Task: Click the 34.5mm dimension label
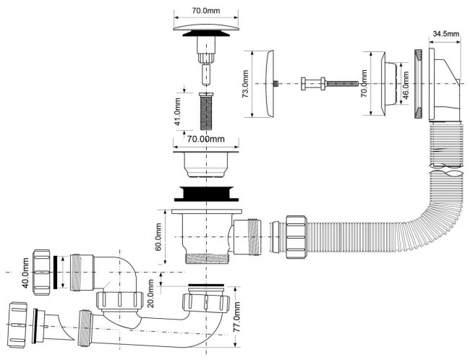(446, 34)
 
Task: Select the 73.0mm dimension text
(246, 84)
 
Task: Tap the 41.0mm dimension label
(177, 112)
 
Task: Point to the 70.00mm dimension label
(205, 139)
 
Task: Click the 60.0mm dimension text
(158, 237)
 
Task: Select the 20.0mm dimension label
(151, 293)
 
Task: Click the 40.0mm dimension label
(26, 273)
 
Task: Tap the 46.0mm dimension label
(406, 84)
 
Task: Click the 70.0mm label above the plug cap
(206, 11)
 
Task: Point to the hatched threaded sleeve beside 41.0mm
(205, 111)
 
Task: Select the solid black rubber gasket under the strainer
(206, 194)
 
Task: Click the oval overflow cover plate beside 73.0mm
(270, 84)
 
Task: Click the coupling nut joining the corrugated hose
(296, 237)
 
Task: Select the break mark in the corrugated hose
(446, 171)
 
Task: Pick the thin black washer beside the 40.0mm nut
(56, 273)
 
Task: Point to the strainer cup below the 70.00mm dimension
(206, 164)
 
